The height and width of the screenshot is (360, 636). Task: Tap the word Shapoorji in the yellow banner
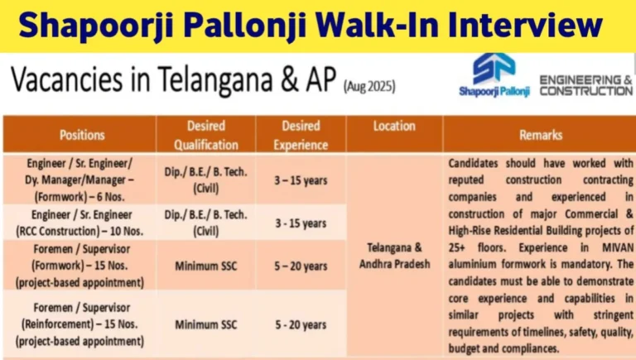pyautogui.click(x=96, y=26)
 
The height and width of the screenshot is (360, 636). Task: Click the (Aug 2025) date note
pyautogui.click(x=369, y=87)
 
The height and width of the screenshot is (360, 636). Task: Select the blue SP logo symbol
pyautogui.click(x=494, y=69)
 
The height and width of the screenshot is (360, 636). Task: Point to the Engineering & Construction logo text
pyautogui.click(x=586, y=85)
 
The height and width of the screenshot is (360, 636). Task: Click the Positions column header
pyautogui.click(x=82, y=135)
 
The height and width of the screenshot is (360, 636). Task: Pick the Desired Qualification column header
pyautogui.click(x=206, y=135)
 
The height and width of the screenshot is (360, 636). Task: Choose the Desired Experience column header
pyautogui.click(x=301, y=135)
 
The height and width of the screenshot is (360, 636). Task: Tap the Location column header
pyautogui.click(x=394, y=126)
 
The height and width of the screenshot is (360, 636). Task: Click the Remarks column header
pyautogui.click(x=541, y=135)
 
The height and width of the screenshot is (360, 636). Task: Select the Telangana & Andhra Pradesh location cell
pyautogui.click(x=394, y=256)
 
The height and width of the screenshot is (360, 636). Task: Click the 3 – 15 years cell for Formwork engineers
pyautogui.click(x=301, y=180)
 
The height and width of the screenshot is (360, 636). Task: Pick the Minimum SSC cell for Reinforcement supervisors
pyautogui.click(x=206, y=324)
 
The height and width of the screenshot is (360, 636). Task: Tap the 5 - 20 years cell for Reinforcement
pyautogui.click(x=301, y=324)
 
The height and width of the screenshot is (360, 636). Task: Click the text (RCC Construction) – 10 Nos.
pyautogui.click(x=79, y=232)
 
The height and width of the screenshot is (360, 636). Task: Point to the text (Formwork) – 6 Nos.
pyautogui.click(x=79, y=197)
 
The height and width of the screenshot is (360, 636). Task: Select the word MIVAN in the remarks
pyautogui.click(x=618, y=247)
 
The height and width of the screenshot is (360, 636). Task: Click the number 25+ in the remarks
pyautogui.click(x=457, y=247)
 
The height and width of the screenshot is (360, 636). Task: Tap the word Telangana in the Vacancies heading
pyautogui.click(x=215, y=79)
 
